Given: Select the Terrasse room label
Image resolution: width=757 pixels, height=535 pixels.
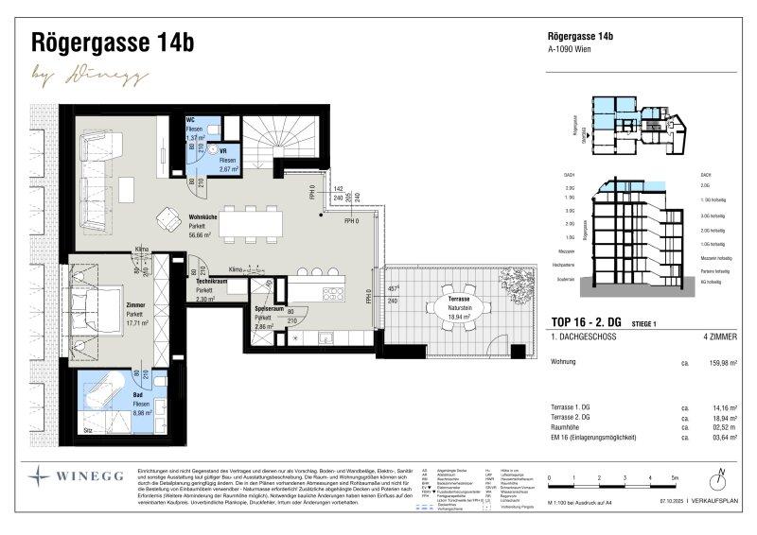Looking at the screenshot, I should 437,298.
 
